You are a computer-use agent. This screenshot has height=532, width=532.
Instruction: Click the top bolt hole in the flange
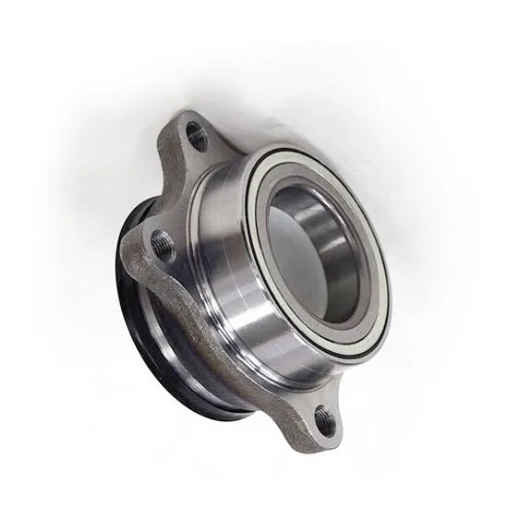pyautogui.click(x=196, y=136)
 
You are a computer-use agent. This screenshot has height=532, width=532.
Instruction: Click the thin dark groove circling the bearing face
pyautogui.click(x=260, y=175)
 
